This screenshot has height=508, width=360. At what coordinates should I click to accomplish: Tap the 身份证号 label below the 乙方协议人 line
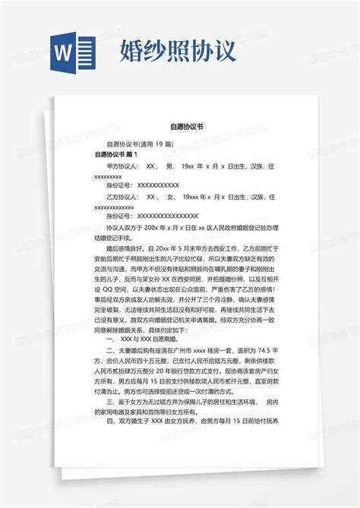click(121, 216)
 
